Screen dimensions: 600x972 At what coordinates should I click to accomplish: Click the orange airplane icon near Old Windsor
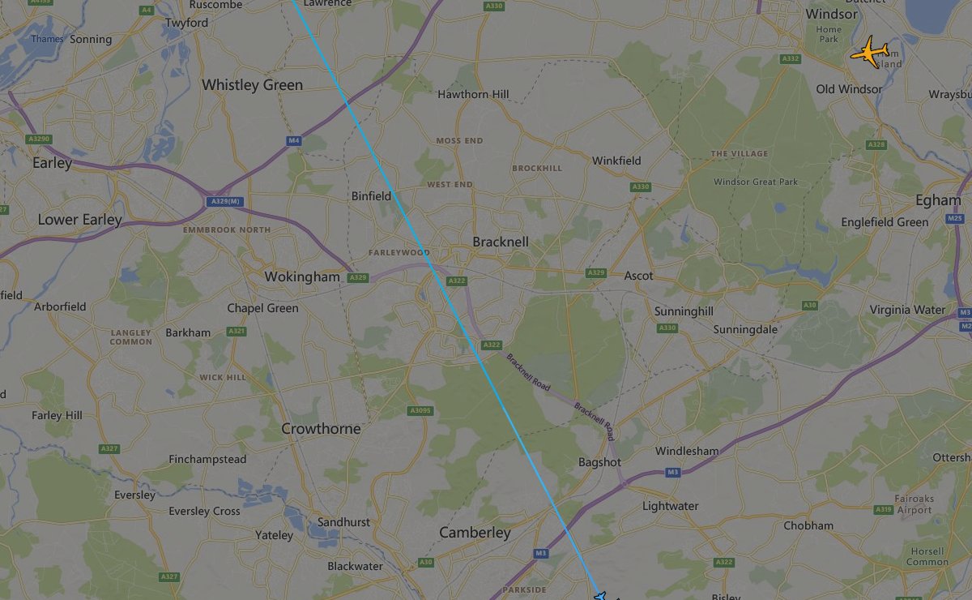[x=869, y=53]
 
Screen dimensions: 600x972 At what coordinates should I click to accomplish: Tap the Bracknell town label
[x=501, y=242]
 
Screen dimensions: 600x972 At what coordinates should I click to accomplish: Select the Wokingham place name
[x=302, y=277]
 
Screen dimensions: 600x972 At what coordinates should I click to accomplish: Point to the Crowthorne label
[x=321, y=428]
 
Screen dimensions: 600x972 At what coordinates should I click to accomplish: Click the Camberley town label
[x=475, y=532]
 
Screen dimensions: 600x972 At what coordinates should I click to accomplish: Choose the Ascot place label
[x=638, y=276]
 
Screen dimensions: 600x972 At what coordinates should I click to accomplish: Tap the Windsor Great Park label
[x=756, y=182]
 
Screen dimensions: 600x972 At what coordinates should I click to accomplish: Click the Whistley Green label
[x=252, y=85]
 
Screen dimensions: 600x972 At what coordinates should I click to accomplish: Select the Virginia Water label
[x=907, y=310]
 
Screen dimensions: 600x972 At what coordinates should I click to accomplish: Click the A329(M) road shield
[x=224, y=201]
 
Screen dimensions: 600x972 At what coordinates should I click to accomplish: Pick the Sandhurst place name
[x=343, y=522]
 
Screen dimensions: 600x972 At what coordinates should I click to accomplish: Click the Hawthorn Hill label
[x=473, y=94]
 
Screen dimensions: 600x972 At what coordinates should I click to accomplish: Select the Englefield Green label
[x=885, y=222]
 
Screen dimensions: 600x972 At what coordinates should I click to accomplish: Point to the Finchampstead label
[x=207, y=460]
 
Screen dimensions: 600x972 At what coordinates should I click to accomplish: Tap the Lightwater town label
[x=670, y=506]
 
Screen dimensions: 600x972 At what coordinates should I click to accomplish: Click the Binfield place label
[x=371, y=196]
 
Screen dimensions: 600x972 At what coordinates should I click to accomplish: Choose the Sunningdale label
[x=745, y=330]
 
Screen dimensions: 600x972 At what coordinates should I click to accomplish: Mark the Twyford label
[x=186, y=23]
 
